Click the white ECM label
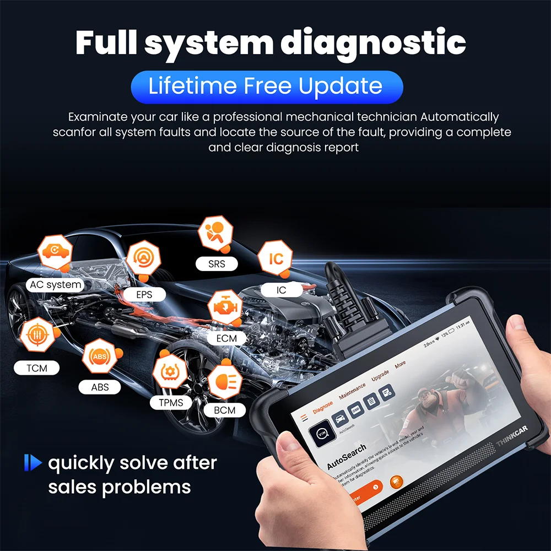pos(226,338)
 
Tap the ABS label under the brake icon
pos(100,387)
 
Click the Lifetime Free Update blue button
pos(267,87)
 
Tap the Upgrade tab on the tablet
pos(380,376)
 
